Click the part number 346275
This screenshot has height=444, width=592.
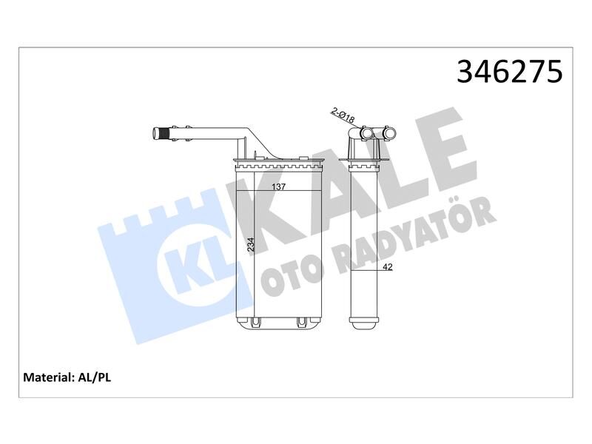tap(510, 72)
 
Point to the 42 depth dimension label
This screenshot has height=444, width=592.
tap(388, 268)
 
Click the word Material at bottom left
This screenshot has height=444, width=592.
tap(48, 377)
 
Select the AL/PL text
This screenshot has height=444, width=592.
tap(95, 377)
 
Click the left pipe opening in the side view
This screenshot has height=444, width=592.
tap(368, 134)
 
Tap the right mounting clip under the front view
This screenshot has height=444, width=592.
tap(302, 323)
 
